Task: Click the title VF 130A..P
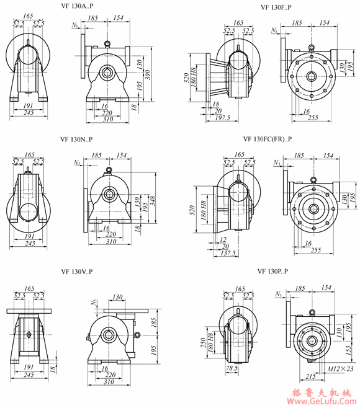[77, 6]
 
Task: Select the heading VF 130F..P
[276, 7]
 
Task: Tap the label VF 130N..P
[76, 140]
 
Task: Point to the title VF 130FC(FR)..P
[268, 139]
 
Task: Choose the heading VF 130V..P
[77, 272]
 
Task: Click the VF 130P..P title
[272, 272]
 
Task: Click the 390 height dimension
[148, 75]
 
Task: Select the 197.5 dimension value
[223, 118]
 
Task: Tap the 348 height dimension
[153, 200]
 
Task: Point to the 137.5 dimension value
[228, 253]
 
